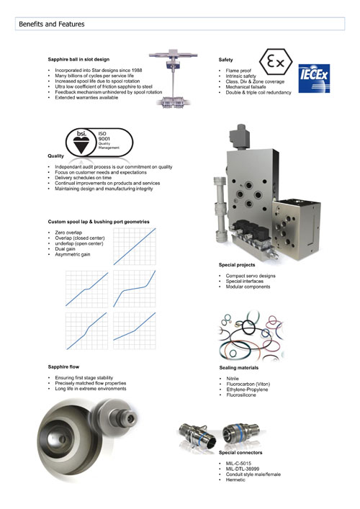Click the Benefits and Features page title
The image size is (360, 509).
[52, 24]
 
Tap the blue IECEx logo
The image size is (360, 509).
[314, 78]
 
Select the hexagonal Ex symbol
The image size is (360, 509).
[276, 62]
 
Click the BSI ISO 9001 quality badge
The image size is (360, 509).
[99, 142]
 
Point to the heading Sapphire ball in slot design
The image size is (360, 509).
[78, 60]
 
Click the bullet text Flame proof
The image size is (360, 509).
[238, 71]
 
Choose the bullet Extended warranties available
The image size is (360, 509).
[86, 97]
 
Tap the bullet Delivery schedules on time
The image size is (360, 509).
[83, 178]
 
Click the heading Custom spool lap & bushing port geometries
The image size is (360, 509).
[99, 222]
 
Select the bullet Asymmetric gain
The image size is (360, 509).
[73, 254]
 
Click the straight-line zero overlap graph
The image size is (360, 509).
[135, 246]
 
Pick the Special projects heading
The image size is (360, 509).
[237, 265]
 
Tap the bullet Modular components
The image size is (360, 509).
[248, 287]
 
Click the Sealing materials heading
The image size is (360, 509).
[239, 368]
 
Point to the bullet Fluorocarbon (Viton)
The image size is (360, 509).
[248, 384]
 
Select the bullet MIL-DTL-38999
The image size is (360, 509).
[243, 469]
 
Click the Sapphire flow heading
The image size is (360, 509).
[63, 367]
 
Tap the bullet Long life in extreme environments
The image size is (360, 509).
[91, 389]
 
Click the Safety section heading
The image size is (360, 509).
[225, 60]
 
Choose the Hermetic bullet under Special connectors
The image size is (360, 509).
[235, 479]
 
